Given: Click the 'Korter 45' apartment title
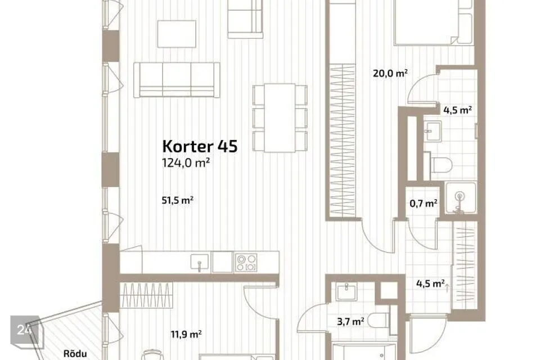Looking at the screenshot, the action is tap(200, 146).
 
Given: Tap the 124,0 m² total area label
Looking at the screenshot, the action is tap(186, 163).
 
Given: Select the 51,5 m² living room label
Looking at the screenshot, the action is tap(177, 200).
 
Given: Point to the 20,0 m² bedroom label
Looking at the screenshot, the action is tap(390, 73).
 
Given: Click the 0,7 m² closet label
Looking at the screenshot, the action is tap(424, 204).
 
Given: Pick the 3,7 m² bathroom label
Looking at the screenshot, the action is tap(350, 322).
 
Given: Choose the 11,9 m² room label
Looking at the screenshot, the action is tap(186, 334).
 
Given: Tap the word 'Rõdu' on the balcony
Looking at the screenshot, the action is tap(75, 353).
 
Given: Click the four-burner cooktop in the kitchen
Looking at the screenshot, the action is tap(246, 263).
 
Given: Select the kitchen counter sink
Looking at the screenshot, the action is tap(199, 262).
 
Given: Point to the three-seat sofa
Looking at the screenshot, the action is tap(177, 80).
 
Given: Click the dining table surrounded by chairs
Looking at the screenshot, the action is tap(280, 118).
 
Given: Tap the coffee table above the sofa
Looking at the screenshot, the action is tap(177, 34).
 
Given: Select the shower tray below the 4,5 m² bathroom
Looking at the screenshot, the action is tap(461, 198).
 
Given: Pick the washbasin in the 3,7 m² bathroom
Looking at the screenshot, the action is tap(346, 292).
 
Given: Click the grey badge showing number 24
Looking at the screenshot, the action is tap(25, 331).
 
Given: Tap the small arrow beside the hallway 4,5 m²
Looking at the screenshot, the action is tap(447, 287).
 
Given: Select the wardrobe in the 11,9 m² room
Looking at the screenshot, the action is tap(146, 295).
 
